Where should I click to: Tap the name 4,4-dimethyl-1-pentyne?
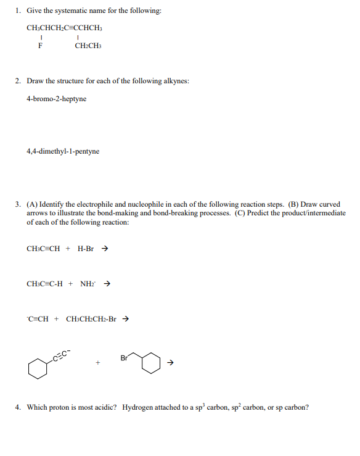[63, 151]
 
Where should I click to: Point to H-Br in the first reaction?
[86, 249]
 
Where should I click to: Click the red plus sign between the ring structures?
[97, 362]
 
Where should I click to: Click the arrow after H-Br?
[105, 249]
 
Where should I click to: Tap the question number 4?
[18, 407]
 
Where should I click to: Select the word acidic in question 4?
[105, 407]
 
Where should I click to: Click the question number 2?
[18, 81]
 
